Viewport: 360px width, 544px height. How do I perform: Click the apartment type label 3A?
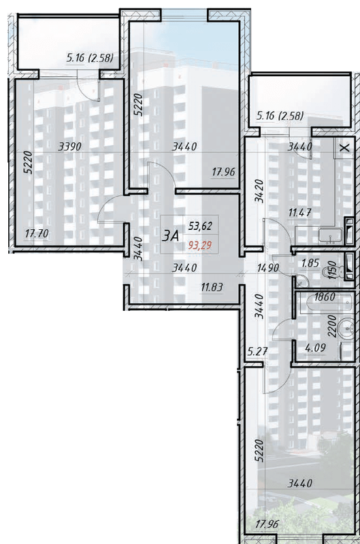[x=171, y=235]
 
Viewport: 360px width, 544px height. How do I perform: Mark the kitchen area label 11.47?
[x=300, y=213]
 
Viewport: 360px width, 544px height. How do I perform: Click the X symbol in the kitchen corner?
[x=344, y=147]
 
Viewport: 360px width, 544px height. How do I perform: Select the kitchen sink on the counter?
[x=329, y=237]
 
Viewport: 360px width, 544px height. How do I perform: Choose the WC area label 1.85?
[x=310, y=262]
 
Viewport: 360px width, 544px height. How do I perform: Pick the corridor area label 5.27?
[x=257, y=352]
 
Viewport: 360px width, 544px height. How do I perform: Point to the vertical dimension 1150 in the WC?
[x=333, y=273]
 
